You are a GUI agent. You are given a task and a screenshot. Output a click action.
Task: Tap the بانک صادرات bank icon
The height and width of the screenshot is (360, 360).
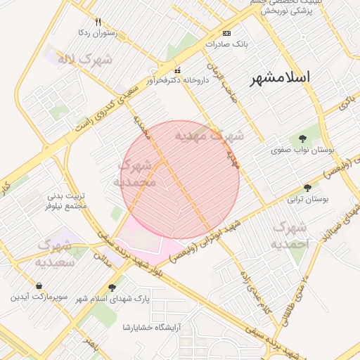tap(226, 34)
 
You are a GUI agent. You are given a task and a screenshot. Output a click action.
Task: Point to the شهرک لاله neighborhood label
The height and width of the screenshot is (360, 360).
tap(84, 60)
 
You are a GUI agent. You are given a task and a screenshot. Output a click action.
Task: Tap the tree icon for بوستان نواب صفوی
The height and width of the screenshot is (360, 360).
tap(302, 139)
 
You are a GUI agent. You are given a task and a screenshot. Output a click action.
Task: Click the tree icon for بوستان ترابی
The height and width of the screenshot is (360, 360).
tap(307, 188)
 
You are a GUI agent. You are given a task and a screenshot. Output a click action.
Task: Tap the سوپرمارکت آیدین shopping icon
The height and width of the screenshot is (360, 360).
tap(38, 286)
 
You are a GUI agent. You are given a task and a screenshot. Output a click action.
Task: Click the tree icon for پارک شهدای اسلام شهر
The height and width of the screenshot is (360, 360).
tap(112, 288)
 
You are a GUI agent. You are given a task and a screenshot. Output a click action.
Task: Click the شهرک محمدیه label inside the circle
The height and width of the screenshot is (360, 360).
tap(135, 173)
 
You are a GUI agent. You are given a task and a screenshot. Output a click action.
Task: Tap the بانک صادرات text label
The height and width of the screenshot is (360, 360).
tap(227, 44)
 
